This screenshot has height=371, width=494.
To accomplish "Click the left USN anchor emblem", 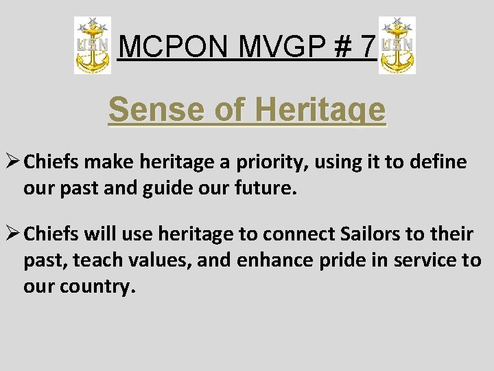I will [x=93, y=46].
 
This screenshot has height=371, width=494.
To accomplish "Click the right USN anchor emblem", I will [x=397, y=46].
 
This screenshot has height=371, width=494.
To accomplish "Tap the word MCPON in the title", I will [x=160, y=47].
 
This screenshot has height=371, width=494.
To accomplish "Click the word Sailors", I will [x=371, y=235].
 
